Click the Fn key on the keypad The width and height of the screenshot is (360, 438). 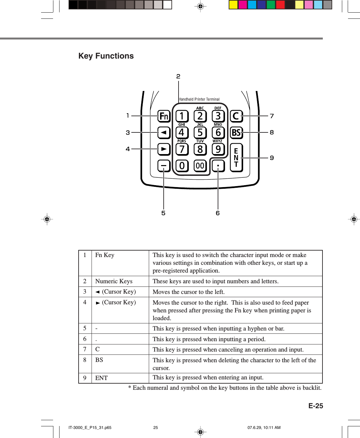[x=164, y=116]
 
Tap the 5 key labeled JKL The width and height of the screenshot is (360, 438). [x=200, y=132]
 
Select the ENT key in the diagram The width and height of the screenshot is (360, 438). [x=236, y=158]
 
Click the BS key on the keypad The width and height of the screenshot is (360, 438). [x=236, y=132]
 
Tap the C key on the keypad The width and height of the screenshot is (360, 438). [x=236, y=116]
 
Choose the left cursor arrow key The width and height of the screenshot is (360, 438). [x=164, y=132]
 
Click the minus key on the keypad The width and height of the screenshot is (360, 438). [x=164, y=166]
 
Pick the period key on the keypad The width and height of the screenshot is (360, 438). [x=218, y=166]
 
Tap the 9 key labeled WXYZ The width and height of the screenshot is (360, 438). [x=218, y=149]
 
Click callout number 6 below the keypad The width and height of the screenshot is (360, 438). [x=218, y=213]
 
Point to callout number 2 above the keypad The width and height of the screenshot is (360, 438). [x=178, y=76]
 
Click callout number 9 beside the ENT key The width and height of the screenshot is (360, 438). [x=272, y=158]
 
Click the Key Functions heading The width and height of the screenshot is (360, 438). [x=106, y=56]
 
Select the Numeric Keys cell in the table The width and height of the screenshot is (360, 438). [x=114, y=281]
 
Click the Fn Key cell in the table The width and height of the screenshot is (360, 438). [x=105, y=255]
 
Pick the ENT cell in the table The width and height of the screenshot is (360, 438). [x=102, y=378]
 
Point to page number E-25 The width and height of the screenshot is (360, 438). [x=315, y=406]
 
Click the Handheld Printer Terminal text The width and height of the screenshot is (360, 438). [x=199, y=99]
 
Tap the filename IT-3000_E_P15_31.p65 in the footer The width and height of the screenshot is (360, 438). [x=90, y=428]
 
